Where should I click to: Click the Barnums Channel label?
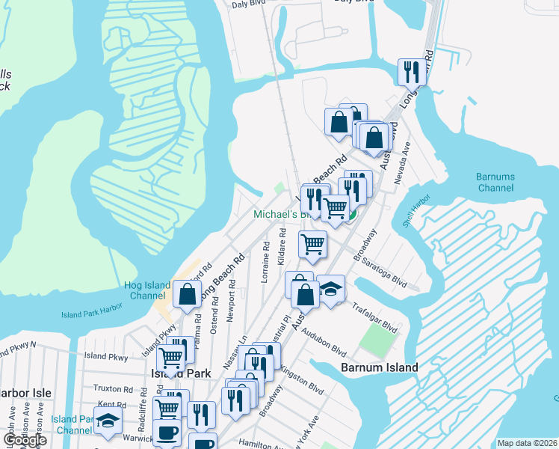click(495, 183)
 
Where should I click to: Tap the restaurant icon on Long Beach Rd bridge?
click(410, 72)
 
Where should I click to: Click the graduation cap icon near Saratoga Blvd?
click(330, 288)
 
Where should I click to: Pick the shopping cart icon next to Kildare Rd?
click(312, 242)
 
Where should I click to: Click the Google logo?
click(25, 440)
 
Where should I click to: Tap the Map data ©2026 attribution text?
click(527, 443)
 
